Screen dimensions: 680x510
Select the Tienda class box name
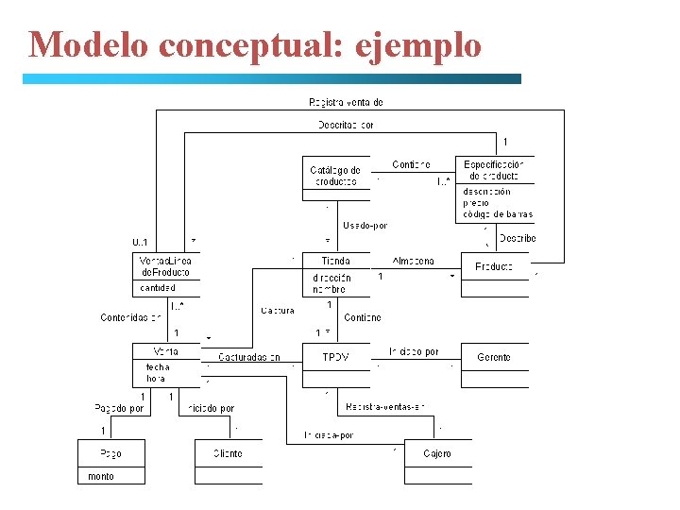pyautogui.click(x=335, y=261)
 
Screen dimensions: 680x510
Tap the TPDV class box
pyautogui.click(x=335, y=358)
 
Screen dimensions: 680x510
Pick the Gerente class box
pyautogui.click(x=494, y=358)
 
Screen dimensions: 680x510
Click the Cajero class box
pyautogui.click(x=437, y=454)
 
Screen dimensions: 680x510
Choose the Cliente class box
pyautogui.click(x=228, y=454)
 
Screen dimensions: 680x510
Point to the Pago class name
pyautogui.click(x=110, y=454)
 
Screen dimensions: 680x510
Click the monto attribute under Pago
pyautogui.click(x=101, y=477)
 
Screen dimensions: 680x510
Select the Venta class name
pyautogui.click(x=165, y=351)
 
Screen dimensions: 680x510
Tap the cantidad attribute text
pyautogui.click(x=159, y=288)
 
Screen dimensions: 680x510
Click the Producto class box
pyautogui.click(x=494, y=266)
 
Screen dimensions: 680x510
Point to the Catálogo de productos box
pyautogui.click(x=335, y=176)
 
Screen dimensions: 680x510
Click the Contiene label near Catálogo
pyautogui.click(x=411, y=165)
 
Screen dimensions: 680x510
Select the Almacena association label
pyautogui.click(x=413, y=261)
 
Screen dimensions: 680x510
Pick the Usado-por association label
pyautogui.click(x=365, y=225)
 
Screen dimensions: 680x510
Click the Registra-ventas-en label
pyautogui.click(x=385, y=406)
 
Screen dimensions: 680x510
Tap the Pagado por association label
pyautogui.click(x=119, y=409)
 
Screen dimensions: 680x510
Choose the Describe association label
pyautogui.click(x=518, y=238)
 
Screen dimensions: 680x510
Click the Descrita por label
pyautogui.click(x=346, y=125)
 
